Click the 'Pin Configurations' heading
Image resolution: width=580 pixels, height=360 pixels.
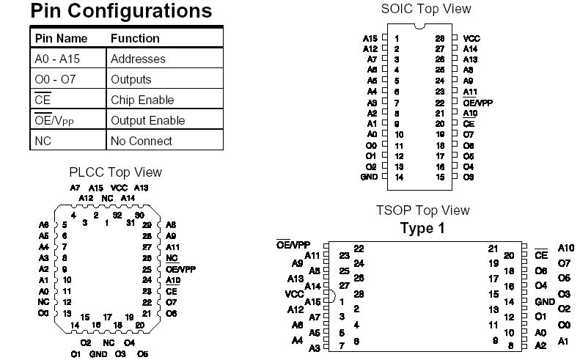point(122,12)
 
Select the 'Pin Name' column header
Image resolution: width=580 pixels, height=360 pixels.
point(61,38)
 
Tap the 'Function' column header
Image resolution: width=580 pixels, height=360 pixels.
point(135,38)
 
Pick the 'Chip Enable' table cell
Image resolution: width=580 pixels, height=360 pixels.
point(142,100)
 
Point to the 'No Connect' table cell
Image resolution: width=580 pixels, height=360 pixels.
point(142,141)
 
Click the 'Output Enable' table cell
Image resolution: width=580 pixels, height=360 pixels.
point(147,120)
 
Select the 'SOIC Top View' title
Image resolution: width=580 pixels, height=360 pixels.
point(426,9)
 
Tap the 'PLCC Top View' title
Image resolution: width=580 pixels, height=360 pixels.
point(116,172)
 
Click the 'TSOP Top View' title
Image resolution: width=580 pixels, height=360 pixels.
point(423,210)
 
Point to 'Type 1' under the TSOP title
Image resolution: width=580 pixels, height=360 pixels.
point(422,228)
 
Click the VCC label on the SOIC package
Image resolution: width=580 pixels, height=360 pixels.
point(471,38)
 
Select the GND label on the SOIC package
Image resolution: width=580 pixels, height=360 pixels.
point(369,177)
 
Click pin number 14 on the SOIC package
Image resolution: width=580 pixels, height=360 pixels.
point(399,177)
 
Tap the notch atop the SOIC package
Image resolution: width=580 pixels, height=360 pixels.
point(419,27)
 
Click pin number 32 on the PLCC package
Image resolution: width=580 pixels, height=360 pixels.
point(117,216)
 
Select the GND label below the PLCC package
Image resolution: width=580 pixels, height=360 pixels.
point(98,354)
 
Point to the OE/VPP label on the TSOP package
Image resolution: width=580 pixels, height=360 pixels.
point(293,245)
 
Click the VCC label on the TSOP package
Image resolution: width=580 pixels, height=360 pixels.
point(293,294)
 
